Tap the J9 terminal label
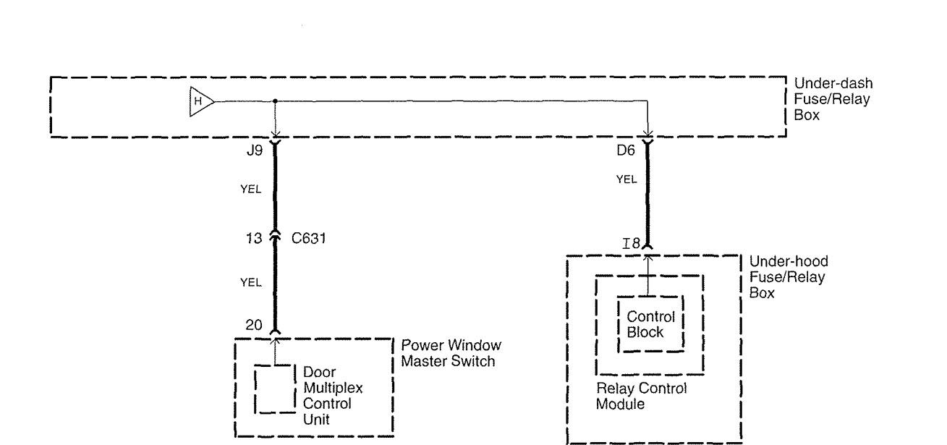point(255,153)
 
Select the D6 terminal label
point(626,153)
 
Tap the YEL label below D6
point(626,179)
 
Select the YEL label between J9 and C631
point(250,190)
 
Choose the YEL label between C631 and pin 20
point(250,282)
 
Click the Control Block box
point(650,324)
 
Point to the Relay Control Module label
point(640,396)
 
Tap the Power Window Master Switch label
point(451,352)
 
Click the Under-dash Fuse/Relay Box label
point(832,98)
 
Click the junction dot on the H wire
point(275,101)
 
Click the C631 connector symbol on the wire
point(275,234)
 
